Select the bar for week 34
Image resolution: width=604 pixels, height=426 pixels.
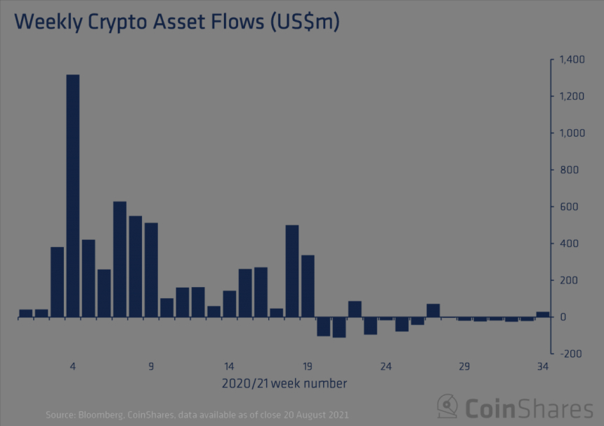[x=543, y=314]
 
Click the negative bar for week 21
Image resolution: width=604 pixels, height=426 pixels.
[x=339, y=327]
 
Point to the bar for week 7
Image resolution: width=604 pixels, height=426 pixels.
[x=120, y=259]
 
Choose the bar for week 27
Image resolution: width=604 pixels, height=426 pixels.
[x=433, y=310]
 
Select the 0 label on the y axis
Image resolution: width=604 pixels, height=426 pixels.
[x=562, y=317]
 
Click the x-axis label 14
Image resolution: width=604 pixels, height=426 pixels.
[x=229, y=366]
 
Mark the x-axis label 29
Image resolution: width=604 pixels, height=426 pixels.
[x=464, y=366]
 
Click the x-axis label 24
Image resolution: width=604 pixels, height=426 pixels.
[x=386, y=366]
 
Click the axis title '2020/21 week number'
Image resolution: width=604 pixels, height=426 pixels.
[x=284, y=384]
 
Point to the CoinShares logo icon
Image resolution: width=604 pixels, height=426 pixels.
[x=448, y=406]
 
